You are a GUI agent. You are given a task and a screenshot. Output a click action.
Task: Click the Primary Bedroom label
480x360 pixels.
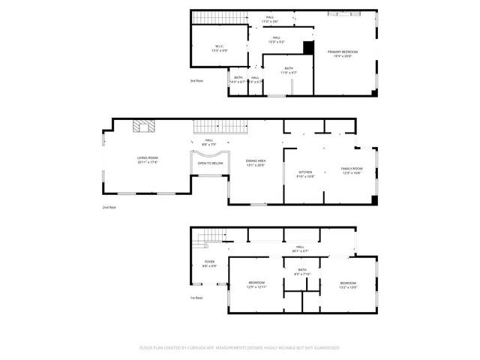pos(343,54)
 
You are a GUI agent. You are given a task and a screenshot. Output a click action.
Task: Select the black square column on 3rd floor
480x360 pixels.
pos(307,47)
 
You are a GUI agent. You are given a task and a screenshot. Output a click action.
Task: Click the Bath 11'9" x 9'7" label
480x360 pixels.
pos(289,70)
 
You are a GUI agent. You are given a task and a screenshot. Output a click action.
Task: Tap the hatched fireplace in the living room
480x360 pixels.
pos(142,127)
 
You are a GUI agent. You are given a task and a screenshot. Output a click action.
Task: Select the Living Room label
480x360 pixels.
pos(147,160)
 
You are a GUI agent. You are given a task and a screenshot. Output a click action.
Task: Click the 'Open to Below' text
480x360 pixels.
pos(210,163)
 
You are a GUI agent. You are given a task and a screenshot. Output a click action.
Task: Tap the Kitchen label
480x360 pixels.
pos(305,174)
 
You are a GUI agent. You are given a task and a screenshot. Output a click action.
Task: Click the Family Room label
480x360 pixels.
pos(351,170)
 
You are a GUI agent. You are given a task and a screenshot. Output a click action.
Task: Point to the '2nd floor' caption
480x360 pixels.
pos(110,208)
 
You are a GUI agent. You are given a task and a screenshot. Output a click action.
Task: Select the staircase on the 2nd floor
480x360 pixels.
pos(220,127)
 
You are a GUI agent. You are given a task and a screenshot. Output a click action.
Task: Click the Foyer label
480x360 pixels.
pos(209,264)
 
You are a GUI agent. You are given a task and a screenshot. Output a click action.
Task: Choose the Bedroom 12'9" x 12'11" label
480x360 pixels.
pos(257,284)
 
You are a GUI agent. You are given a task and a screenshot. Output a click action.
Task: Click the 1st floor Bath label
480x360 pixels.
pos(301,271)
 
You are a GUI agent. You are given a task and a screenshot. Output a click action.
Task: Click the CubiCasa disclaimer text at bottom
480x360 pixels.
pos(240,348)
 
